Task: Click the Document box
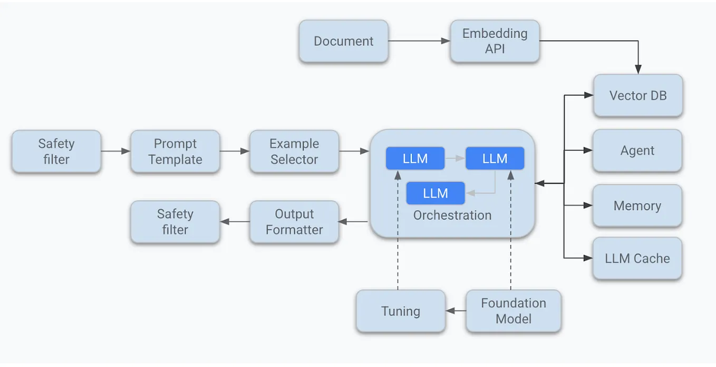pyautogui.click(x=343, y=41)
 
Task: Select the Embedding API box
pyautogui.click(x=495, y=41)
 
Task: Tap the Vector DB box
pyautogui.click(x=637, y=96)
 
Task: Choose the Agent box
pyautogui.click(x=637, y=151)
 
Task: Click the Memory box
pyautogui.click(x=637, y=206)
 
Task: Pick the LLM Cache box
pyautogui.click(x=637, y=259)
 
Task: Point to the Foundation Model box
pyautogui.click(x=513, y=311)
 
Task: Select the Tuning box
pyautogui.click(x=400, y=311)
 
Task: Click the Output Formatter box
pyautogui.click(x=294, y=222)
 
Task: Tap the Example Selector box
pyautogui.click(x=294, y=151)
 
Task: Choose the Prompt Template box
pyautogui.click(x=175, y=151)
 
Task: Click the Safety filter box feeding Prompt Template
pyautogui.click(x=56, y=151)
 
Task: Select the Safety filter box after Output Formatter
pyautogui.click(x=175, y=222)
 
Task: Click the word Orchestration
pyautogui.click(x=452, y=215)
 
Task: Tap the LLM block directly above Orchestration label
pyautogui.click(x=435, y=193)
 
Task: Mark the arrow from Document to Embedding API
pyautogui.click(x=419, y=41)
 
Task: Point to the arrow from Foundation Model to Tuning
pyautogui.click(x=456, y=311)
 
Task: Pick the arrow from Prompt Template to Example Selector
pyautogui.click(x=235, y=151)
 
